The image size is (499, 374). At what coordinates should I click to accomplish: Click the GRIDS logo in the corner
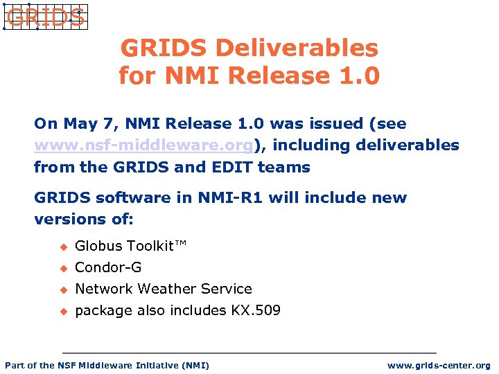tap(44, 17)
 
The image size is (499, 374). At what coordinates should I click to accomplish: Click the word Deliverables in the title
tap(297, 48)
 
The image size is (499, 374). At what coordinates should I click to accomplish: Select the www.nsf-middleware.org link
tap(143, 145)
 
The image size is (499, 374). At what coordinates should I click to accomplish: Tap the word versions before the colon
tap(66, 220)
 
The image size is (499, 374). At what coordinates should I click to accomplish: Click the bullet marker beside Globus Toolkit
tap(62, 247)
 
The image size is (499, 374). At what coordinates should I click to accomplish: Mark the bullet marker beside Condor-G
tap(62, 268)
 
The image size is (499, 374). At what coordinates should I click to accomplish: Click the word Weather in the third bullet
tap(166, 289)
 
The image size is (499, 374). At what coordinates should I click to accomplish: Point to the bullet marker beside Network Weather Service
tap(62, 290)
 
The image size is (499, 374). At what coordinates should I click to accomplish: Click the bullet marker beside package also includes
tap(62, 311)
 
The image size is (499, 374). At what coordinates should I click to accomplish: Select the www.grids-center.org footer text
tap(439, 365)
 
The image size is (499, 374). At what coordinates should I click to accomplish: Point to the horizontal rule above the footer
tap(249, 353)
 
